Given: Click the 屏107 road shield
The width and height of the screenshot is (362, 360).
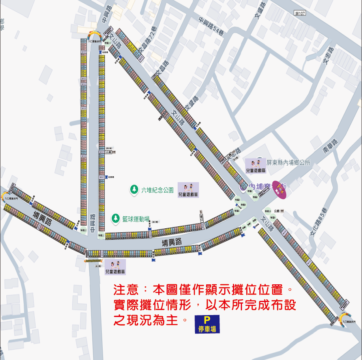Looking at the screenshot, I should pos(300,13).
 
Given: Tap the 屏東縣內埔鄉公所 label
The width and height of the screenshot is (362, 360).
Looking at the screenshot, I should pos(289,162).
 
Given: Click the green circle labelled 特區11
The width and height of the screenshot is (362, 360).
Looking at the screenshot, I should pos(101,235).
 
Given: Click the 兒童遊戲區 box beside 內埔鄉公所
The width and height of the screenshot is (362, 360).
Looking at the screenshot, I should pos(256,166).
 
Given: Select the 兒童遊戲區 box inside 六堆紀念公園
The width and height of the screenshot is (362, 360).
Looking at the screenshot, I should pos(188,190).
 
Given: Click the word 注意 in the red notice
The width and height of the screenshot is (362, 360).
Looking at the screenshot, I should pos(126,290).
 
